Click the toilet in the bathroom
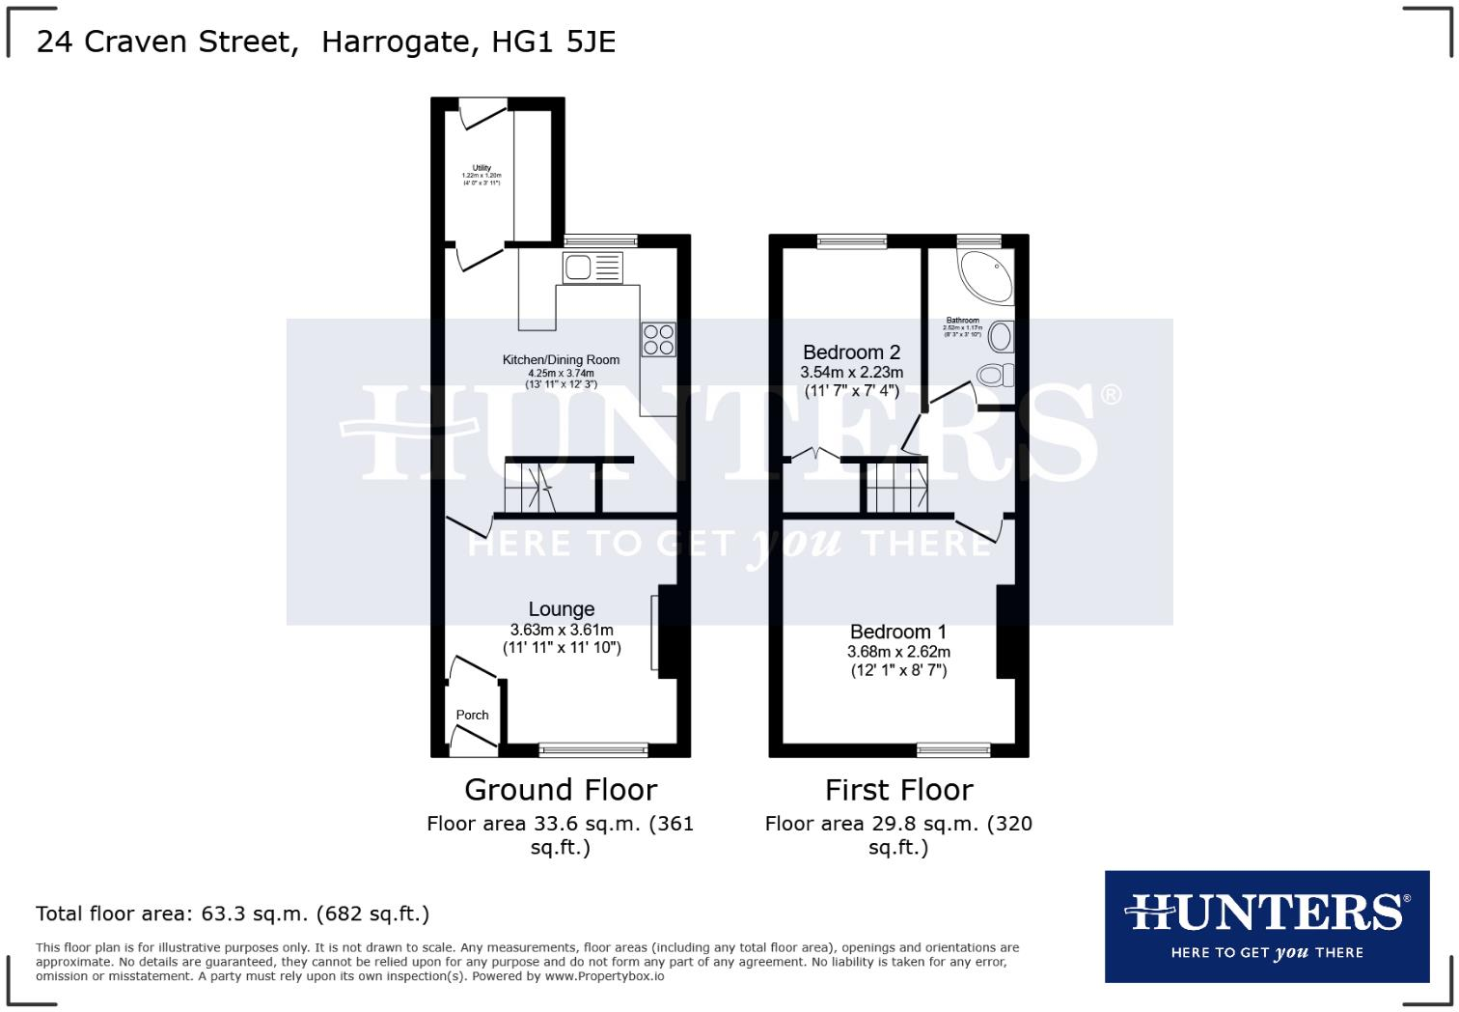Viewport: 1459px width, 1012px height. pyautogui.click(x=995, y=375)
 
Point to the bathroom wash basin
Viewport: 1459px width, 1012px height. pyautogui.click(x=1002, y=337)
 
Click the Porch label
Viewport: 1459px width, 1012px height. pyautogui.click(x=472, y=716)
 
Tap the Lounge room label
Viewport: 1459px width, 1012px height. pyautogui.click(x=561, y=609)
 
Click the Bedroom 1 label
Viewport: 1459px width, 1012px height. pyautogui.click(x=898, y=632)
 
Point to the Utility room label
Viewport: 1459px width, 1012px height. pyautogui.click(x=482, y=168)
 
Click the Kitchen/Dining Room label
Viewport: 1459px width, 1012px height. pyautogui.click(x=561, y=360)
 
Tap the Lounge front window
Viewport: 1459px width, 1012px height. pyautogui.click(x=593, y=749)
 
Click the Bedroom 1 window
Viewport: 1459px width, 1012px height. pyautogui.click(x=953, y=749)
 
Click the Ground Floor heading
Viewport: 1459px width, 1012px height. pyautogui.click(x=561, y=790)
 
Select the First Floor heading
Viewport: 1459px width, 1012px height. pyautogui.click(x=898, y=790)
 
